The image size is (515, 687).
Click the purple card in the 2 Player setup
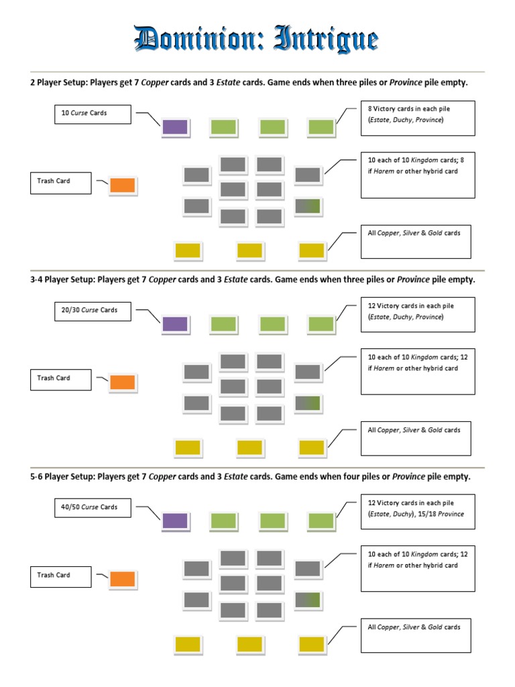(175, 127)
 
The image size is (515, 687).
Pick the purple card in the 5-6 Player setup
(175, 521)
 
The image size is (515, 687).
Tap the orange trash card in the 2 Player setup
(123, 186)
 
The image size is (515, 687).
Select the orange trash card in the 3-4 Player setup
(123, 382)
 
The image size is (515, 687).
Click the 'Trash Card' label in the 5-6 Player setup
(60, 576)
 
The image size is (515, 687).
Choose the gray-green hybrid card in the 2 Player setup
(308, 207)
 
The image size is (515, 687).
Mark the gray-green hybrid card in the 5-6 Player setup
(308, 600)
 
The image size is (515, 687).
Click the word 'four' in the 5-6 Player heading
(355, 476)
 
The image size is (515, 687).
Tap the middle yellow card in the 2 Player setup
(249, 250)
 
